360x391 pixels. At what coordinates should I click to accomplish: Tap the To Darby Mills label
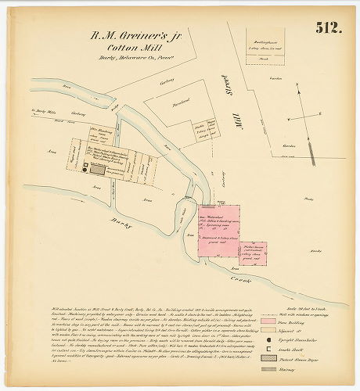pyautogui.click(x=44, y=112)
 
